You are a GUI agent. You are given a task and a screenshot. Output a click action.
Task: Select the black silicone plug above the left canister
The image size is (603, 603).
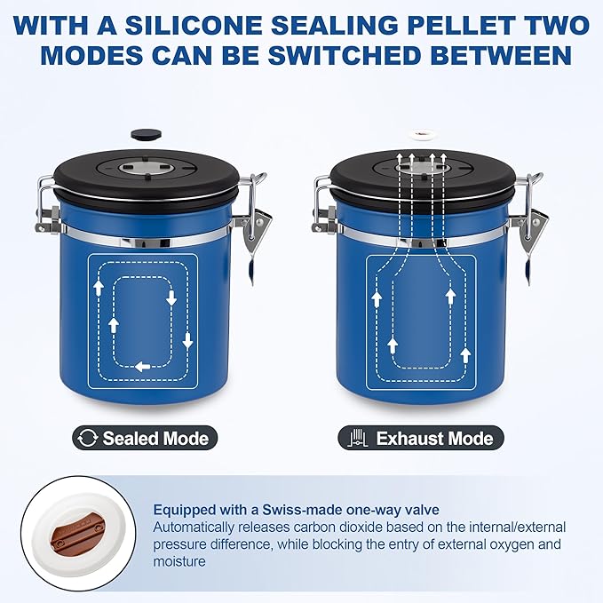(147, 134)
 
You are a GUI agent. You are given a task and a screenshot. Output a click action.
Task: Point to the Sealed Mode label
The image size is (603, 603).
(145, 438)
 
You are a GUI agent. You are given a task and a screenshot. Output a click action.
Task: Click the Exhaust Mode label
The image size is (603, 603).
(421, 438)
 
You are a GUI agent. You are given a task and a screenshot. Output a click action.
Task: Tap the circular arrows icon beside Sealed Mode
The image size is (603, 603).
(87, 439)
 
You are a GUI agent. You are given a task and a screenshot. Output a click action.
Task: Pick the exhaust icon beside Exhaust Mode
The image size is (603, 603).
(358, 438)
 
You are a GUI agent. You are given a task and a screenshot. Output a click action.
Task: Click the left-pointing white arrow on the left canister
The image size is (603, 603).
(143, 367)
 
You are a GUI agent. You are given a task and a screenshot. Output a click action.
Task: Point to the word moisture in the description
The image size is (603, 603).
(179, 561)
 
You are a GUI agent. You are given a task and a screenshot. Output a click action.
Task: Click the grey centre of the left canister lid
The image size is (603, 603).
(147, 168)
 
